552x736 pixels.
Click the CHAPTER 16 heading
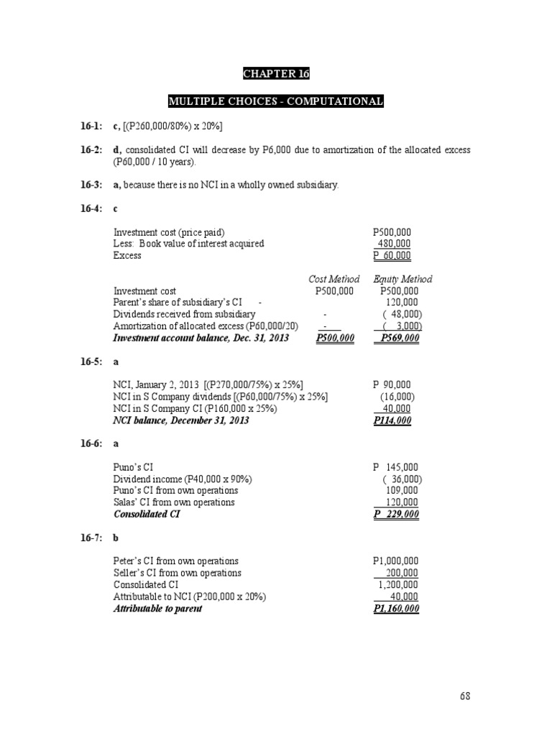coord(276,74)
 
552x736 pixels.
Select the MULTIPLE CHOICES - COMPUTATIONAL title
coord(276,101)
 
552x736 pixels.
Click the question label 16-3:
coord(92,185)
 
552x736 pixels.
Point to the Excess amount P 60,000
coord(392,255)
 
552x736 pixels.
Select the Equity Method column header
coord(402,279)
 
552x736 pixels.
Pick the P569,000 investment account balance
coord(400,338)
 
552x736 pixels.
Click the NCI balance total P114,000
coord(392,420)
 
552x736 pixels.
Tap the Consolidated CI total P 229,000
coord(396,515)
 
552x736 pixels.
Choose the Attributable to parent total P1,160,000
coord(396,609)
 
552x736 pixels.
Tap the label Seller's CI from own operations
coord(178,573)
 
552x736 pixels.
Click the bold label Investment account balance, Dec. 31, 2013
coord(201,338)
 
